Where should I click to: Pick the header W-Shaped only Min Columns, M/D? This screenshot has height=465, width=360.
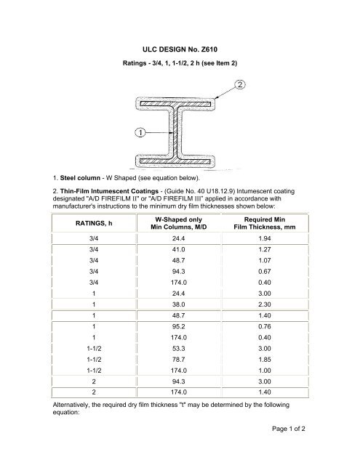point(179,223)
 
